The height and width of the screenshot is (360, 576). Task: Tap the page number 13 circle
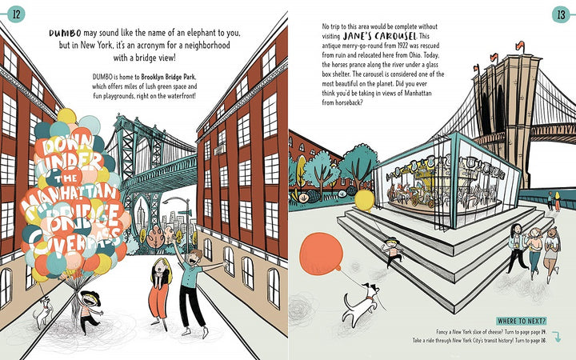(x=559, y=14)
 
